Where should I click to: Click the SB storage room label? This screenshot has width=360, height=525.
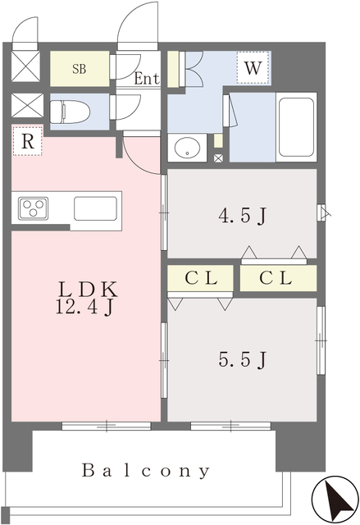click(x=80, y=69)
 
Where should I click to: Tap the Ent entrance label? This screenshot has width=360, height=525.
click(x=147, y=79)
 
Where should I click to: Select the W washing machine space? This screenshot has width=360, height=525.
click(x=253, y=68)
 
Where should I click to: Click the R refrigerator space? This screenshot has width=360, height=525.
click(x=28, y=141)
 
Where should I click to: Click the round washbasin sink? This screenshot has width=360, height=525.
click(x=187, y=148)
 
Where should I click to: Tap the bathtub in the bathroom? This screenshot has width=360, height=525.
click(x=296, y=127)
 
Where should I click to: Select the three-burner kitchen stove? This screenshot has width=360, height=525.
click(x=33, y=208)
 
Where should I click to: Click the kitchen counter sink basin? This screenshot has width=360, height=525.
click(x=95, y=208)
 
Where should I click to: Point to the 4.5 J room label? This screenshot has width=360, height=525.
click(x=243, y=216)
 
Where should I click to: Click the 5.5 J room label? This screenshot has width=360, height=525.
click(x=243, y=360)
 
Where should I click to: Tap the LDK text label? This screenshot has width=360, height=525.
click(x=89, y=290)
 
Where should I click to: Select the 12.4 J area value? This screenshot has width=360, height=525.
click(x=84, y=308)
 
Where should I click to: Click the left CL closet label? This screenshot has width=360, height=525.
click(x=201, y=278)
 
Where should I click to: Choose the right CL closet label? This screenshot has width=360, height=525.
click(x=276, y=278)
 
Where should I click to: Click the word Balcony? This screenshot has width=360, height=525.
click(x=146, y=471)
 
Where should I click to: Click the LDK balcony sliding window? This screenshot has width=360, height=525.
click(x=107, y=426)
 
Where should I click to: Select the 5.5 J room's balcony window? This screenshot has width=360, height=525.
click(x=230, y=426)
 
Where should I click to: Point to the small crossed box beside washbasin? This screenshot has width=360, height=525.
click(x=218, y=158)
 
